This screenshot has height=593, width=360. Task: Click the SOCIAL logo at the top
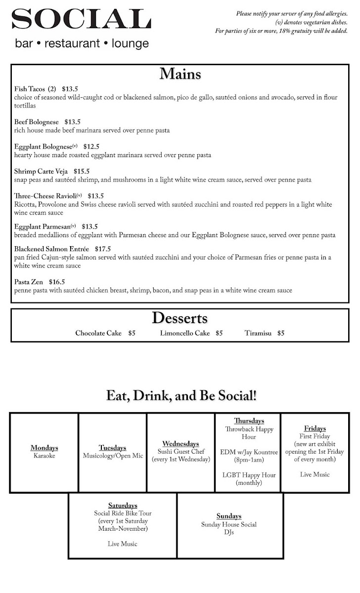81,20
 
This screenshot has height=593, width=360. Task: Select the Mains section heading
180,74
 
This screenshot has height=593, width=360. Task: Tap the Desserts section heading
180,318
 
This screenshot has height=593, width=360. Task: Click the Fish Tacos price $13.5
70,89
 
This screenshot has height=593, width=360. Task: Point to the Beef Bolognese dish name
37,122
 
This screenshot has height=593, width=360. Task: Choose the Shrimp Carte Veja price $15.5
82,171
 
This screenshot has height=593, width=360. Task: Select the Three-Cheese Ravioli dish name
45,196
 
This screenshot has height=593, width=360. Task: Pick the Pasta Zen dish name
29,282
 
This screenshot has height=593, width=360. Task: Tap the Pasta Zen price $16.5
57,282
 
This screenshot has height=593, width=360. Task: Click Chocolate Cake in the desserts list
98,334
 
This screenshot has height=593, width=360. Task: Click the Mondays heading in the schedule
45,448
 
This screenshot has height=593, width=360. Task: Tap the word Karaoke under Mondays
45,456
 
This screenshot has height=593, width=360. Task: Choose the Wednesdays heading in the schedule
180,444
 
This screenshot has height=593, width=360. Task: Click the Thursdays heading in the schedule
249,421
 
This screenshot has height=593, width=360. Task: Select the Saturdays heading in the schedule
123,506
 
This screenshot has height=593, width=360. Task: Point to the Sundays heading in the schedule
229,516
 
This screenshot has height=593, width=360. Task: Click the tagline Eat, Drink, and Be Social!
181,396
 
